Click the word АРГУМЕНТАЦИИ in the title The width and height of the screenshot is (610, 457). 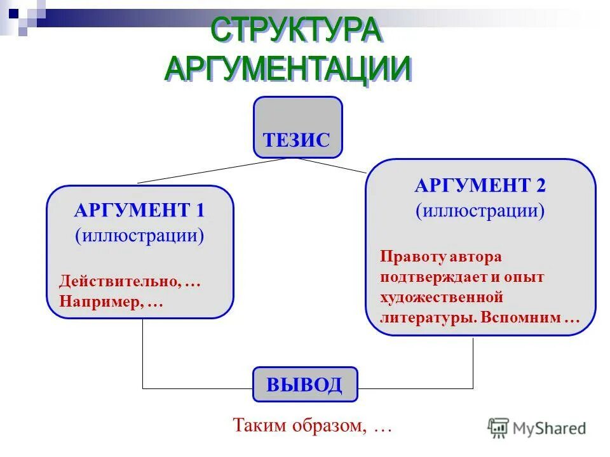(x=287, y=68)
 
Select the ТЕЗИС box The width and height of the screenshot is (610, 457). (x=297, y=128)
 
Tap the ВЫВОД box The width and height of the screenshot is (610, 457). (x=305, y=385)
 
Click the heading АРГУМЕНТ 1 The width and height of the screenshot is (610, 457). (x=139, y=210)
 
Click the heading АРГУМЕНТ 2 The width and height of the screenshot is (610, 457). (x=480, y=185)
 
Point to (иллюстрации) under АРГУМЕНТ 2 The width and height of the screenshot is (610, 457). (x=480, y=210)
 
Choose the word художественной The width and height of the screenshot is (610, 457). (x=442, y=298)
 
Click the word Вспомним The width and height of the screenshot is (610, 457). (x=520, y=318)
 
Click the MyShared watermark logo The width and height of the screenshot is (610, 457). (x=537, y=428)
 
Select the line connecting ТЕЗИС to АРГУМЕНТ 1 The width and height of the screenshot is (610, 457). (x=210, y=170)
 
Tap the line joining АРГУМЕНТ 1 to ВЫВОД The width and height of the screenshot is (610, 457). (x=142, y=355)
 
